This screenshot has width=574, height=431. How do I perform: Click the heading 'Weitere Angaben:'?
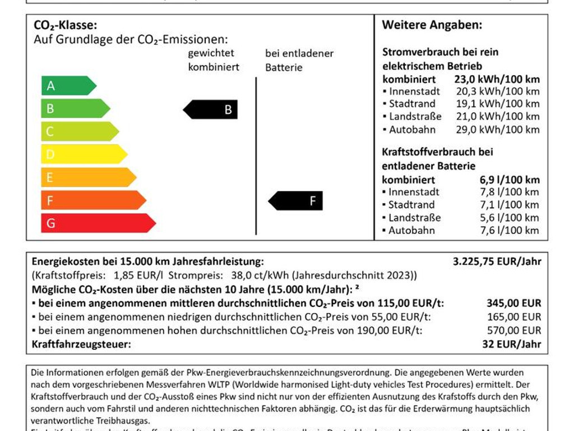pyautogui.click(x=432, y=25)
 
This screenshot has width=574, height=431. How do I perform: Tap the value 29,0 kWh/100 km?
pyautogui.click(x=498, y=130)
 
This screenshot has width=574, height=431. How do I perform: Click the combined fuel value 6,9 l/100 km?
pyautogui.click(x=509, y=180)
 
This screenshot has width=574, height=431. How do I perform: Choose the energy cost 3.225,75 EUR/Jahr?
pyautogui.click(x=497, y=261)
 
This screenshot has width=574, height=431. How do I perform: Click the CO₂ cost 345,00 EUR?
pyautogui.click(x=513, y=303)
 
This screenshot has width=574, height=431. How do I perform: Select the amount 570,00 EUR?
pyautogui.click(x=513, y=331)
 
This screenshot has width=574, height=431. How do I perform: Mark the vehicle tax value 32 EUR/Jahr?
pyautogui.click(x=511, y=344)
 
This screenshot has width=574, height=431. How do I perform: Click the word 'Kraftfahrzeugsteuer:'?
pyautogui.click(x=81, y=344)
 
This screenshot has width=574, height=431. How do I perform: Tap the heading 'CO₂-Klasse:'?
pyautogui.click(x=66, y=25)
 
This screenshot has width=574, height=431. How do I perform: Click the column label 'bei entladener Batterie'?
pyautogui.click(x=299, y=61)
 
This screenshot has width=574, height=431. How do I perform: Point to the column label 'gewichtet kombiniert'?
pyautogui.click(x=213, y=61)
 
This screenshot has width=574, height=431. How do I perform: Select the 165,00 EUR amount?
pyautogui.click(x=513, y=317)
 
